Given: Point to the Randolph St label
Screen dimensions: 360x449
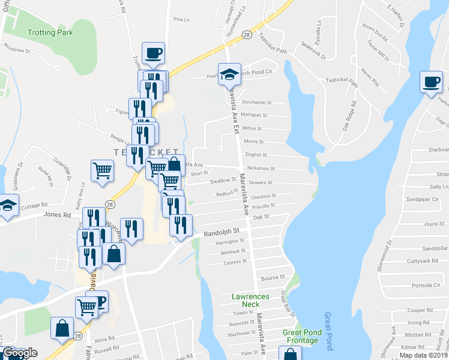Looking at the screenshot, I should point(221,231).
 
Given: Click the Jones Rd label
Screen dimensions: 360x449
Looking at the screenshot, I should point(57,214).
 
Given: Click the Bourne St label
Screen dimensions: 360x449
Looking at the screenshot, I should point(273,278).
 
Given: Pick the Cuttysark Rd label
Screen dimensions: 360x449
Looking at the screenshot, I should point(420,261).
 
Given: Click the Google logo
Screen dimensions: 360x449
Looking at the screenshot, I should point(20,353).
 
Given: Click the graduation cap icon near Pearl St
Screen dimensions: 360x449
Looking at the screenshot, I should point(229,74).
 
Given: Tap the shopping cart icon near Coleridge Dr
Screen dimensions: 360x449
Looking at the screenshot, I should point(103,170).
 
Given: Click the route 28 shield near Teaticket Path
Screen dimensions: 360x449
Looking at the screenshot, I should point(247,35).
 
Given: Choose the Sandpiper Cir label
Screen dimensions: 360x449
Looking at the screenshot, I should point(419,199).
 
